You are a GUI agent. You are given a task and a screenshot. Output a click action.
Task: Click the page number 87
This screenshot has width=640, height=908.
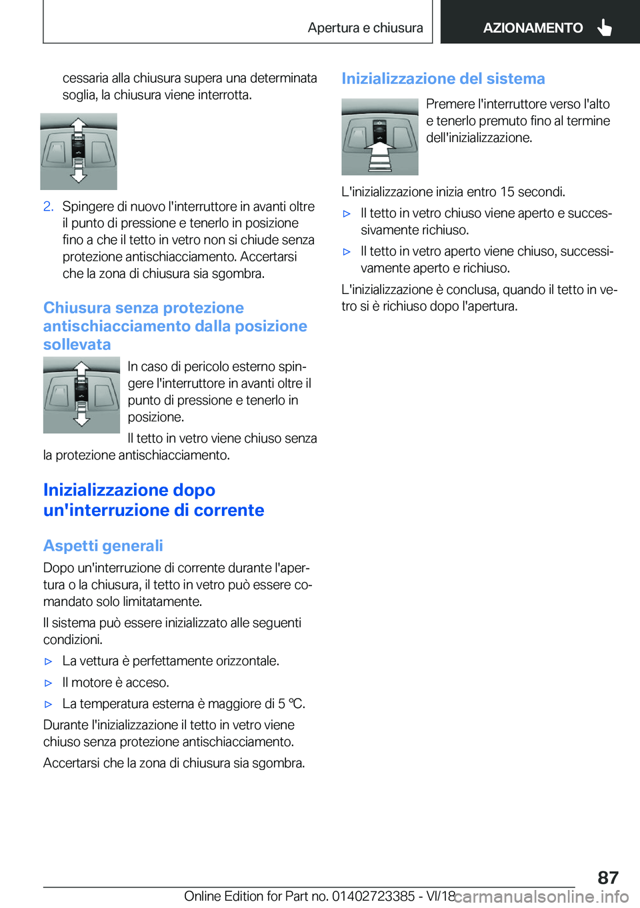point(607,877)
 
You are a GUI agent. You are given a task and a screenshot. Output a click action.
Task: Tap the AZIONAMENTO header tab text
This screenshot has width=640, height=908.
point(533,28)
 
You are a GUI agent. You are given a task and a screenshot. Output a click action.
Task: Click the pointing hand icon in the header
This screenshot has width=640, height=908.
point(605,27)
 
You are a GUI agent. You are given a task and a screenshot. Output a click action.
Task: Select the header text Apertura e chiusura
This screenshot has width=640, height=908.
point(365,28)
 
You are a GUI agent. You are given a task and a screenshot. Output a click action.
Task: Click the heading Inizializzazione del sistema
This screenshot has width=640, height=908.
point(443,79)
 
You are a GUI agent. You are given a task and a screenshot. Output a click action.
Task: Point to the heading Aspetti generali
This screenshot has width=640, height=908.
point(103,545)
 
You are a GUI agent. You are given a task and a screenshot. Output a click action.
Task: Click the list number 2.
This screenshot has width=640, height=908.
point(48,206)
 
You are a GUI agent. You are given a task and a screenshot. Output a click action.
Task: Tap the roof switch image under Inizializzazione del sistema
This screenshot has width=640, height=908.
point(379,137)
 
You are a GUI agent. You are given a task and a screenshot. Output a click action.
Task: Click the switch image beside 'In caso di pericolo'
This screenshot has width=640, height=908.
point(81,395)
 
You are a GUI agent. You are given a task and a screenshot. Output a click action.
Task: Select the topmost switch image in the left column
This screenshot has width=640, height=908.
point(79,151)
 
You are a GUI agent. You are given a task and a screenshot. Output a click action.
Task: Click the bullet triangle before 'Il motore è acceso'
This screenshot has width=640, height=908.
point(48,683)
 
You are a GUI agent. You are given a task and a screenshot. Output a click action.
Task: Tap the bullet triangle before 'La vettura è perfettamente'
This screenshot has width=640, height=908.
point(48,661)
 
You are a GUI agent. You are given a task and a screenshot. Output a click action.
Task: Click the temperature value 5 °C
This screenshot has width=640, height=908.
point(291,703)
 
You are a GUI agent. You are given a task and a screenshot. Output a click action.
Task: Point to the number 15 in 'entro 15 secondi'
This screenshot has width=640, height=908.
point(507,192)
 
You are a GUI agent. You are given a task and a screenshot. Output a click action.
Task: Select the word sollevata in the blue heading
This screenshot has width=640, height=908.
point(77,345)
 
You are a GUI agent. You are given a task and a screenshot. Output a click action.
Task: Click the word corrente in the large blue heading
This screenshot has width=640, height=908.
point(229,510)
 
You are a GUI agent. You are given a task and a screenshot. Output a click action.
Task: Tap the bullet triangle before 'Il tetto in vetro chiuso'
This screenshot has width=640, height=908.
point(347,213)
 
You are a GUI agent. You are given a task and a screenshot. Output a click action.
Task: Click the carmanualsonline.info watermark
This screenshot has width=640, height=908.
point(541,896)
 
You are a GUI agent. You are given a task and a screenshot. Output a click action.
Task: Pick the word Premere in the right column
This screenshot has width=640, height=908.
point(450,104)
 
